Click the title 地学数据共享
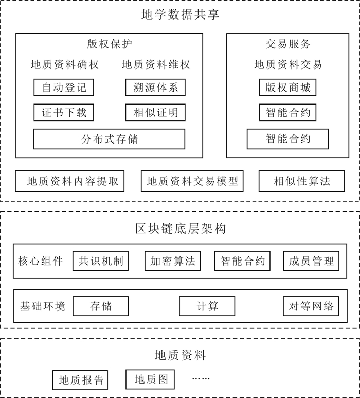point(180,14)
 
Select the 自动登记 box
point(64,88)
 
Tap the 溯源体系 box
point(155,88)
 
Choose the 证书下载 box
point(64,112)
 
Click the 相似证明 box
point(155,112)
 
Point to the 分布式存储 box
point(109,139)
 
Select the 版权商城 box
point(287,88)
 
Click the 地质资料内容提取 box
point(70,181)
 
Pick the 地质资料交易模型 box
point(192,181)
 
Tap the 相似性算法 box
point(301,181)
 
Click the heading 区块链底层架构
point(180,228)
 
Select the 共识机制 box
point(101,261)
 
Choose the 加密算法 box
point(172,261)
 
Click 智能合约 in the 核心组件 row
point(242,261)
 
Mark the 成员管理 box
point(311,261)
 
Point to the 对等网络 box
point(311,306)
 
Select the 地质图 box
point(151,380)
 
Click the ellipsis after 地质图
point(201,379)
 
